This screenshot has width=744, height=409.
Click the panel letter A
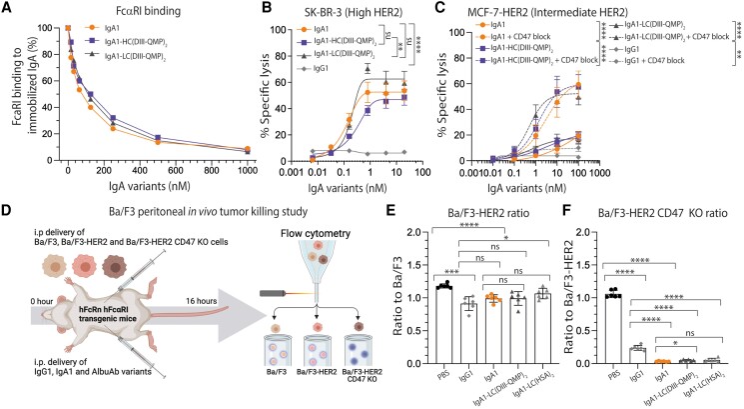pyautogui.click(x=7, y=9)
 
